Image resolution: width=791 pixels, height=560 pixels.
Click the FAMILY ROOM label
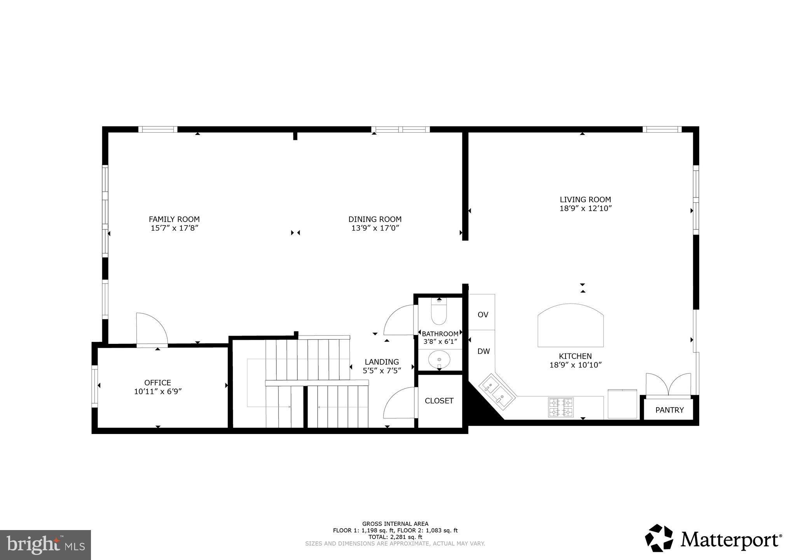174,219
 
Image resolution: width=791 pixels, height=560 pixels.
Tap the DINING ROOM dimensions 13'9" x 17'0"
375,228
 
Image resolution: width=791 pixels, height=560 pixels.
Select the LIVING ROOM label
585,200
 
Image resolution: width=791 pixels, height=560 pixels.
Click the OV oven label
483,315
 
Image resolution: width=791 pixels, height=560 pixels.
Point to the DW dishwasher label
484,352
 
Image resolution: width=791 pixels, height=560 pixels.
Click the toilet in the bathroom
439,313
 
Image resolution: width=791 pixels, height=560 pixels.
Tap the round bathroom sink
439,359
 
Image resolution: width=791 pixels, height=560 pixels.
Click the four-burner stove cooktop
561,407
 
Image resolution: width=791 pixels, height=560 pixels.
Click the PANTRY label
669,410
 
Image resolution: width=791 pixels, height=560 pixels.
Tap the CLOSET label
439,401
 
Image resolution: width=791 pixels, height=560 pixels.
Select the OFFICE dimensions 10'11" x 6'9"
158,392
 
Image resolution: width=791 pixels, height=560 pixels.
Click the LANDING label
382,362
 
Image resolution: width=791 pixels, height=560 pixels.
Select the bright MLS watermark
45,545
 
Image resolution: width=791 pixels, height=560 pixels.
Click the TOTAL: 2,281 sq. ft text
395,537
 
